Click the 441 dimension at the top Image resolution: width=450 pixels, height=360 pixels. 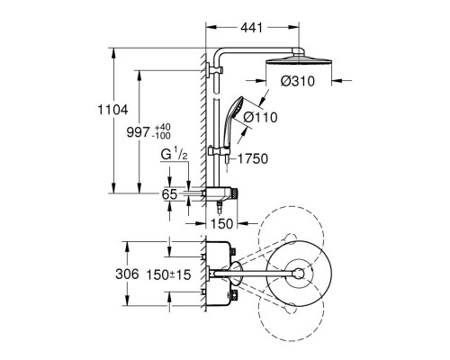pyautogui.click(x=251, y=28)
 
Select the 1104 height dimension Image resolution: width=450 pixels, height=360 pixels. pyautogui.click(x=112, y=110)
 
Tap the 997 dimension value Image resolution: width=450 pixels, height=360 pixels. pyautogui.click(x=138, y=132)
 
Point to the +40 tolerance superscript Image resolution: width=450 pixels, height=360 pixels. pyautogui.click(x=162, y=126)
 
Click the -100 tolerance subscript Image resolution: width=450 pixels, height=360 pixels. pyautogui.click(x=161, y=136)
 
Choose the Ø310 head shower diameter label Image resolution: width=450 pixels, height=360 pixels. pyautogui.click(x=298, y=81)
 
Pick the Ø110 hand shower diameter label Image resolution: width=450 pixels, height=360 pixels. pyautogui.click(x=260, y=117)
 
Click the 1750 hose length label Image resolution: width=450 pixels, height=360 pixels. pyautogui.click(x=253, y=159)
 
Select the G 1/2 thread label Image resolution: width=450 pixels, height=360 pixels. pyautogui.click(x=174, y=155)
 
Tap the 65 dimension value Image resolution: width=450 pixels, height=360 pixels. pyautogui.click(x=169, y=194)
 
